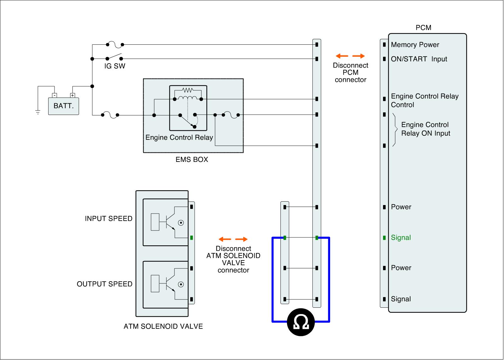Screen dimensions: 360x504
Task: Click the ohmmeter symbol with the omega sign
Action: pyautogui.click(x=301, y=322)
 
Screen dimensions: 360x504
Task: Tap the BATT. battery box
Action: pyautogui.click(x=63, y=106)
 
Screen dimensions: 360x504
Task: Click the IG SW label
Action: pyautogui.click(x=115, y=66)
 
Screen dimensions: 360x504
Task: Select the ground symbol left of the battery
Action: pyautogui.click(x=38, y=112)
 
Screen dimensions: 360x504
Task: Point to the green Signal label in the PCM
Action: pyautogui.click(x=401, y=238)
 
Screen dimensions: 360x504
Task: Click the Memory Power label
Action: pyautogui.click(x=415, y=45)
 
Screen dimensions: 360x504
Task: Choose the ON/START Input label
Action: pyautogui.click(x=419, y=59)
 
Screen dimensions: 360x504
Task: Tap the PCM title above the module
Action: pyautogui.click(x=423, y=28)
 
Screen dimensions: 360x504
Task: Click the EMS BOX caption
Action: pyautogui.click(x=192, y=160)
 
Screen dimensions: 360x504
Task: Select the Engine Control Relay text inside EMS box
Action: pyautogui.click(x=179, y=138)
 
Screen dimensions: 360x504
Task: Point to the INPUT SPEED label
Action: pyautogui.click(x=108, y=219)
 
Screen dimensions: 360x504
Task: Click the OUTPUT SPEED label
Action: pyautogui.click(x=105, y=284)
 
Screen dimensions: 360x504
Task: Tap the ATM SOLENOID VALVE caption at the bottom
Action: pyautogui.click(x=163, y=327)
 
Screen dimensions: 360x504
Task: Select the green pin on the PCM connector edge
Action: pyautogui.click(x=384, y=238)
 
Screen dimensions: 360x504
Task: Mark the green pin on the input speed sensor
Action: pyautogui.click(x=192, y=238)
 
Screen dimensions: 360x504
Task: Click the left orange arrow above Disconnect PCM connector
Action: pyautogui.click(x=342, y=56)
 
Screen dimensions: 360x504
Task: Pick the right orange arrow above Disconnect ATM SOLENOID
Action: pyautogui.click(x=242, y=239)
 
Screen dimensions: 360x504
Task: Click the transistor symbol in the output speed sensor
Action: pyautogui.click(x=169, y=284)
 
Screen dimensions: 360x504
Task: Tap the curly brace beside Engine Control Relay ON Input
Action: pyautogui.click(x=395, y=130)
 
